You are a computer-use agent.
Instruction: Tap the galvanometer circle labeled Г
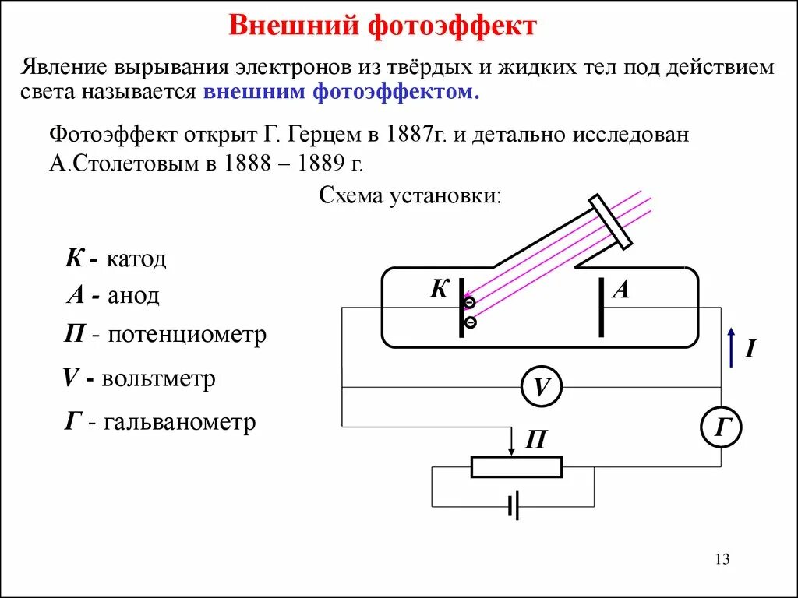coord(721,427)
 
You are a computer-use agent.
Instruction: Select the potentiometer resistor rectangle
coord(516,466)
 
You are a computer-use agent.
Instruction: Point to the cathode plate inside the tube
coord(461,308)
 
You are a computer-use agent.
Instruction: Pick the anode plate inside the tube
coord(601,308)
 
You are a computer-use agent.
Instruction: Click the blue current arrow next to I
coord(730,347)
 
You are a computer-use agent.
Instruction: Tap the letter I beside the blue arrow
coord(750,349)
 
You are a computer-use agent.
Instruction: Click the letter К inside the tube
coord(440,290)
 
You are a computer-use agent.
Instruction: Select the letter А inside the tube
coord(621,290)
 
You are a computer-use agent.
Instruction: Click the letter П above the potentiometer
coord(535,441)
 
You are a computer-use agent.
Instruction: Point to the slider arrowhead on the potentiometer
coord(511,451)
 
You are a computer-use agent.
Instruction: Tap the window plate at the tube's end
coord(611,223)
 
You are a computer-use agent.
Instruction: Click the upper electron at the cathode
coord(470,303)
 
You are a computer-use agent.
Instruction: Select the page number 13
coord(721,559)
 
